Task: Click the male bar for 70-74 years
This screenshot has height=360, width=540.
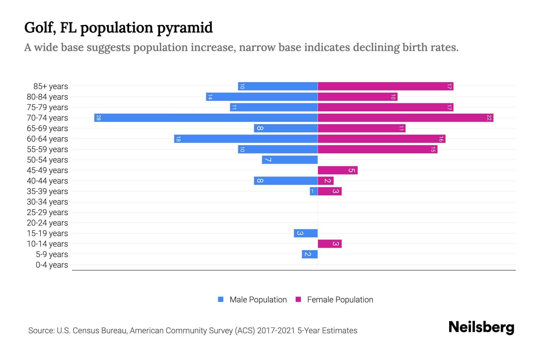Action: (206, 118)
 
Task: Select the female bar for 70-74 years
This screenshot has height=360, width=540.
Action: (405, 118)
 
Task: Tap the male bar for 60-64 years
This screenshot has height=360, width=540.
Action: (246, 139)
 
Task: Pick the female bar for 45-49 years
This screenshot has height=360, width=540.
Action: (337, 170)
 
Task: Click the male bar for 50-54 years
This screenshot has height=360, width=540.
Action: (290, 160)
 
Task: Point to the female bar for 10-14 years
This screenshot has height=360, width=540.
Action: (329, 244)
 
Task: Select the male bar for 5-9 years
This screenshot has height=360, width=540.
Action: (310, 254)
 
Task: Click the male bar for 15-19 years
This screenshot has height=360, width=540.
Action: (306, 233)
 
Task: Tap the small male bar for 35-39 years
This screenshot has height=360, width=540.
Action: (313, 191)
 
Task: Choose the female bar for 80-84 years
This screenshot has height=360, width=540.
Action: (357, 97)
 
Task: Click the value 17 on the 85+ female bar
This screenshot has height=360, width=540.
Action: (449, 86)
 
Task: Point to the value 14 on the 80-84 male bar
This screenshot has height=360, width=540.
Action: (210, 97)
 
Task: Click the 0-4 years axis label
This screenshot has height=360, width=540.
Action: (52, 265)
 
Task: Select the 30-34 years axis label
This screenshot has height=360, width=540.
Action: (47, 202)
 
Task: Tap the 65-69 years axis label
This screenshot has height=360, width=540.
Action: (47, 128)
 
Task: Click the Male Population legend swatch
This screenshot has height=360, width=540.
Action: (221, 299)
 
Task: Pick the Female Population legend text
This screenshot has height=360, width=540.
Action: (340, 300)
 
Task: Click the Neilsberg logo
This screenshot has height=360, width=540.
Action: (481, 327)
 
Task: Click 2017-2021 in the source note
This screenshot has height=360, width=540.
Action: (276, 331)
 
